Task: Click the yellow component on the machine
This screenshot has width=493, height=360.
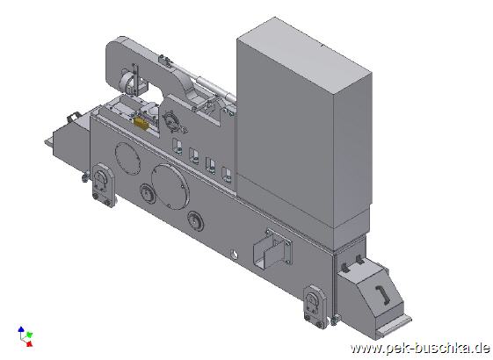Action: (x=141, y=123)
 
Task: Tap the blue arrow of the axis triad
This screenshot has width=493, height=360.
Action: (x=21, y=330)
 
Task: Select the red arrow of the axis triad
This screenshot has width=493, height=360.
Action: (x=29, y=343)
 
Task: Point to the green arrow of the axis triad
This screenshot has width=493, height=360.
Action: (x=29, y=334)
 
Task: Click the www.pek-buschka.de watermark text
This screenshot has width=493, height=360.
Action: (x=420, y=348)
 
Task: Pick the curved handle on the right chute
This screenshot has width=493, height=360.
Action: (x=382, y=295)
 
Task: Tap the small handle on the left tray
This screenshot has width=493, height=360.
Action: (x=73, y=117)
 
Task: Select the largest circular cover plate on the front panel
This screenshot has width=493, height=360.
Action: (x=170, y=187)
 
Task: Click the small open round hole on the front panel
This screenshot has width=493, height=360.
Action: (x=234, y=255)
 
